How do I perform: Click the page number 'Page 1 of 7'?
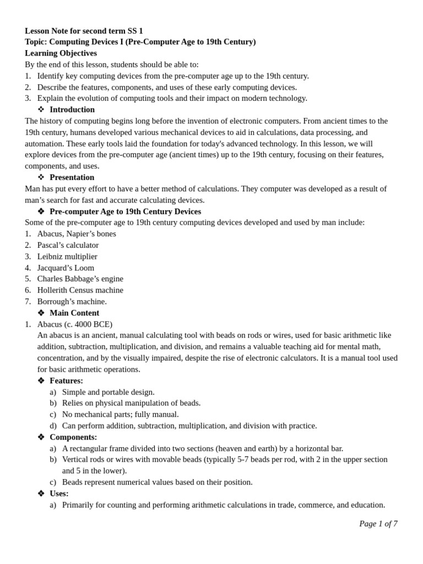pos(378,524)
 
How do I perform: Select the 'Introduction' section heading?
pos(72,110)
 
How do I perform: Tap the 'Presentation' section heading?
pos(72,177)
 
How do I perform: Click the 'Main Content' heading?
pos(74,313)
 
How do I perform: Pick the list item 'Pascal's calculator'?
pos(68,245)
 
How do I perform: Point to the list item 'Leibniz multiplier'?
pos(67,257)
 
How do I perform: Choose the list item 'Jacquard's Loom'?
pos(66,268)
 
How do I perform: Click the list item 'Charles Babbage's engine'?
pos(80,279)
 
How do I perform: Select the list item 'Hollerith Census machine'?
pos(80,290)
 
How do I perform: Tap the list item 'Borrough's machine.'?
pos(72,301)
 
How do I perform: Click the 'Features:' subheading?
pos(66,381)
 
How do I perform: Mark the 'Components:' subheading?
pos(73,437)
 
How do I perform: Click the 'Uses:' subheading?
pos(59,493)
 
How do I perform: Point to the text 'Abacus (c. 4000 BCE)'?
pos(74,324)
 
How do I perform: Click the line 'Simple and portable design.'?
pos(108,392)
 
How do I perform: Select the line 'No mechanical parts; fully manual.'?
pos(120,414)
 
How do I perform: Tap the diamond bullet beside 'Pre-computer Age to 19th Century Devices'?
pos(41,211)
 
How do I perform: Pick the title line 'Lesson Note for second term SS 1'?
pos(84,31)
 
